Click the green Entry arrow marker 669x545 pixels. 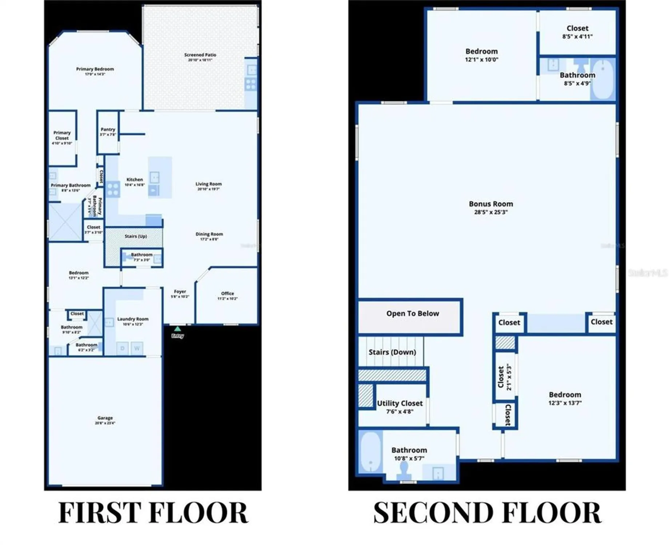tap(177, 328)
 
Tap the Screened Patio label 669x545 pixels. tap(200, 55)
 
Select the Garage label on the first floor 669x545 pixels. tap(105, 418)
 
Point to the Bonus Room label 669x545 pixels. tap(490, 204)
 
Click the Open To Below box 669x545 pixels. tap(410, 316)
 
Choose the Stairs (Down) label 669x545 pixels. tap(392, 352)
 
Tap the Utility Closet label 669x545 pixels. tap(400, 403)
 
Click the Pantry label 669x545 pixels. tap(108, 129)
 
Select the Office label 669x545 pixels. tap(228, 294)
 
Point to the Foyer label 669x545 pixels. tap(180, 291)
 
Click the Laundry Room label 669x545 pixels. tap(133, 319)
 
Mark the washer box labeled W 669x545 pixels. tap(137, 348)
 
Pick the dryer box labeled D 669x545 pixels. tap(123, 348)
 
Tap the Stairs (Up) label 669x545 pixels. tap(136, 236)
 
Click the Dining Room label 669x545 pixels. tap(209, 234)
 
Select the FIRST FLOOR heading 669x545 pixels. tap(153, 513)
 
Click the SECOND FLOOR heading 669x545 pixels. tap(487, 513)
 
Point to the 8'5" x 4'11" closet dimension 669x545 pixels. tap(577, 36)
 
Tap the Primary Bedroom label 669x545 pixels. tap(95, 69)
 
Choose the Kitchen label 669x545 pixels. tap(135, 179)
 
